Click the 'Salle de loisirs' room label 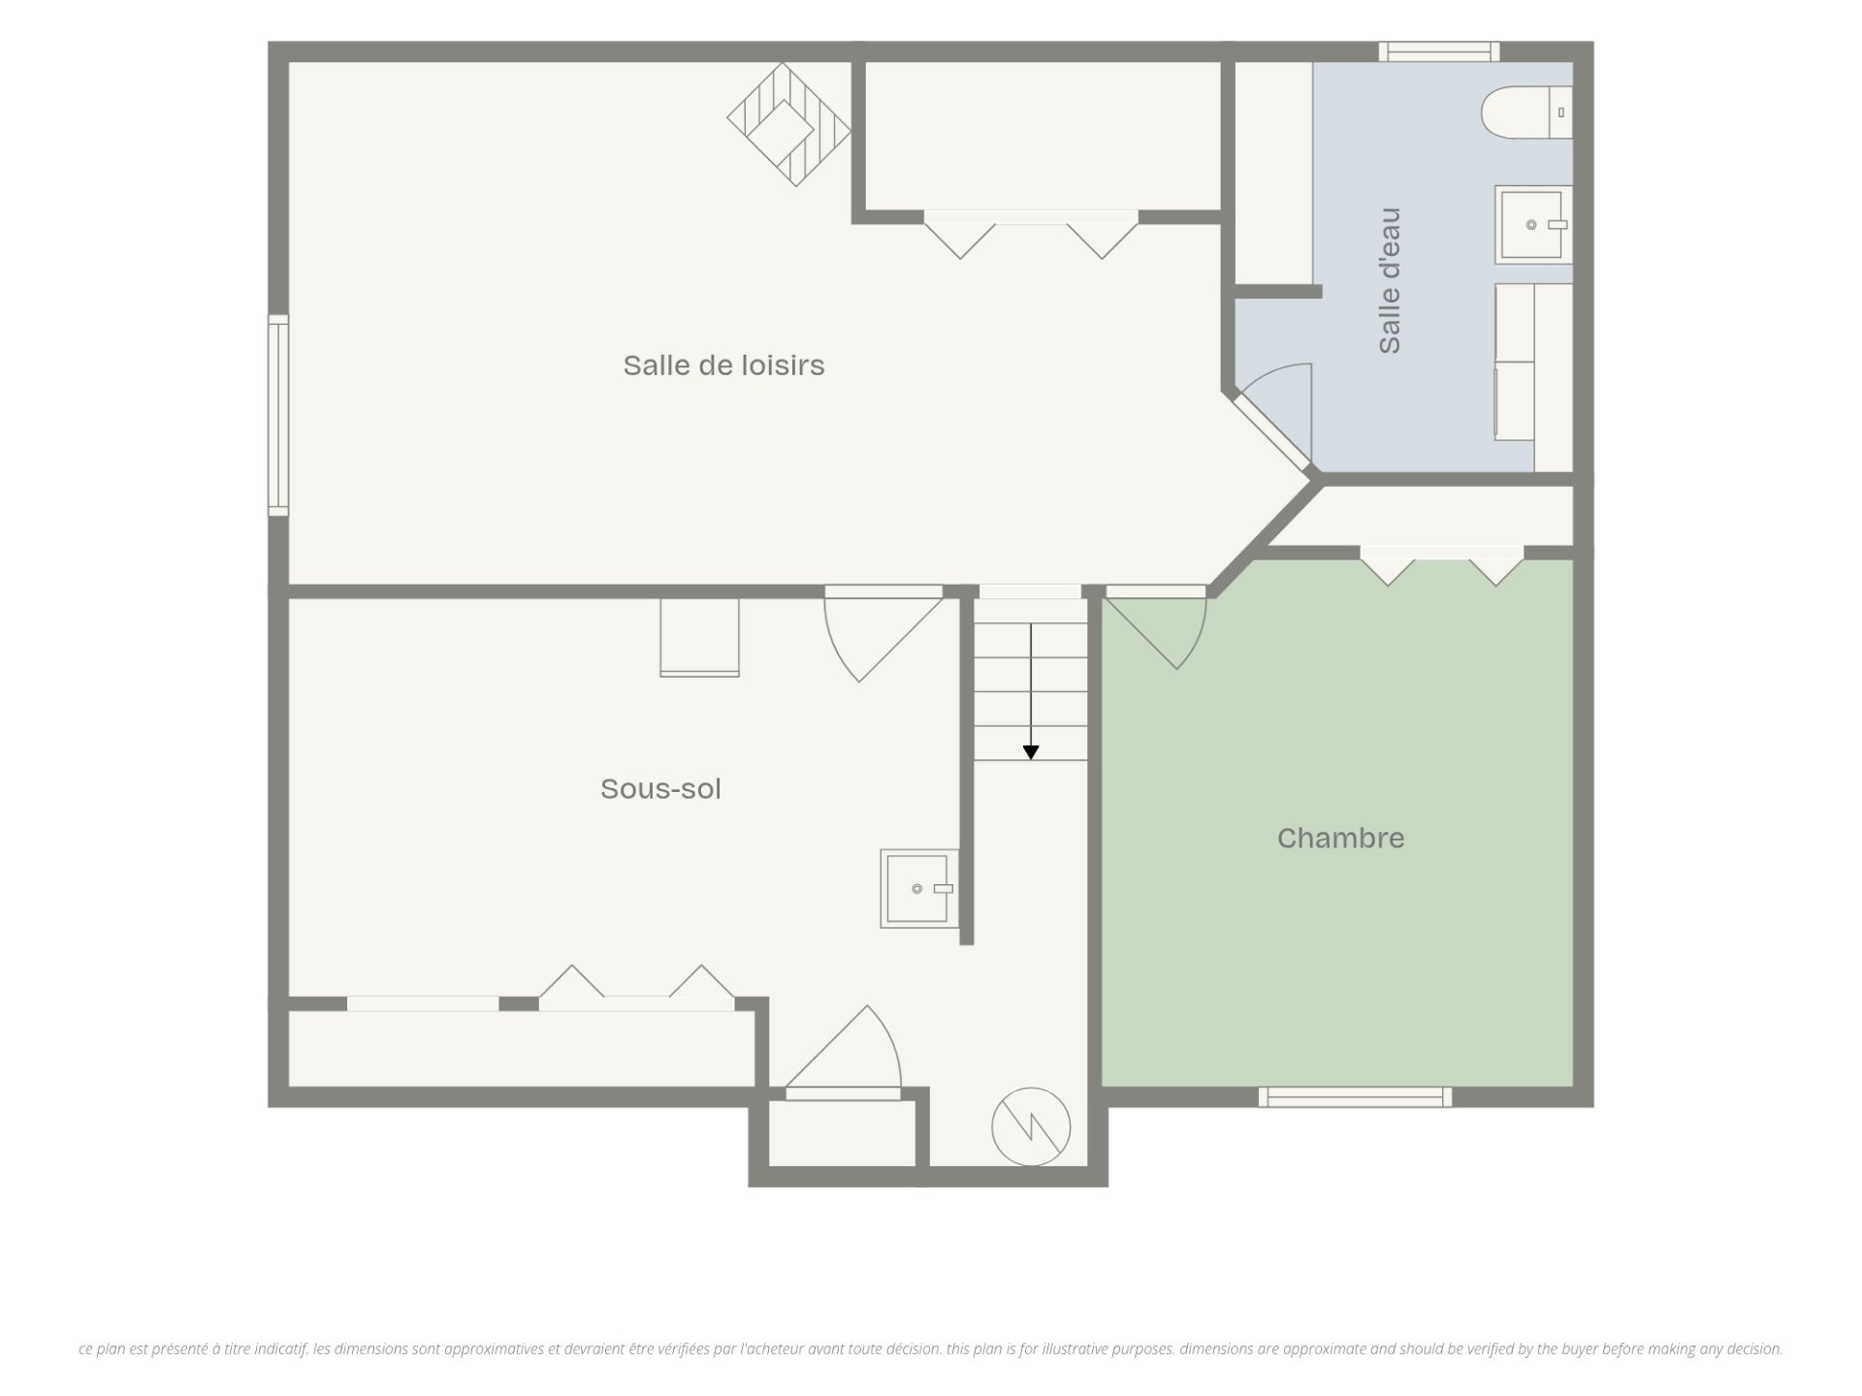(723, 365)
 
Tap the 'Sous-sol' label (660, 789)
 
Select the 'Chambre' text (1340, 839)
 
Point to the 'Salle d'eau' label (1390, 280)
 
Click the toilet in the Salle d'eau (1526, 112)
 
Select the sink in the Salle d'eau (1533, 225)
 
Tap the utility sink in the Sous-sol (919, 889)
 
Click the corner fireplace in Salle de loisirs (788, 124)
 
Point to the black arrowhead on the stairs (1031, 752)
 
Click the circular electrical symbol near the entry (1031, 1127)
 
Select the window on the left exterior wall (278, 415)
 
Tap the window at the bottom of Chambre (1355, 1096)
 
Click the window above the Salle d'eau (1439, 51)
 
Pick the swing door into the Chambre (1156, 627)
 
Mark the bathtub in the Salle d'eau (1533, 377)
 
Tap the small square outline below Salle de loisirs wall (699, 637)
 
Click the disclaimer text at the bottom (931, 1348)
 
